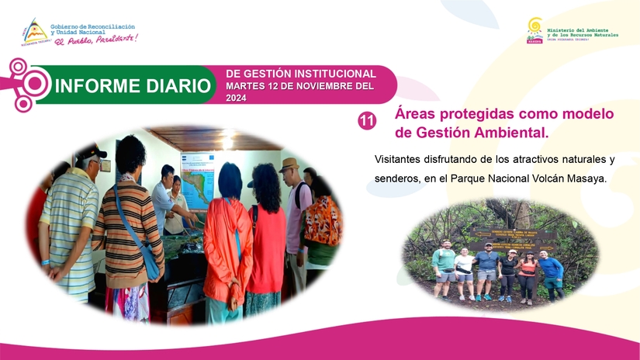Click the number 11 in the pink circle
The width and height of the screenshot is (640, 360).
click(x=367, y=120)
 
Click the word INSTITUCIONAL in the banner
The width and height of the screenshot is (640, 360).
click(x=334, y=73)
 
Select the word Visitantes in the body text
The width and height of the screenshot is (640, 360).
click(x=400, y=159)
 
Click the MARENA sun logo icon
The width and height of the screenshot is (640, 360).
click(x=534, y=28)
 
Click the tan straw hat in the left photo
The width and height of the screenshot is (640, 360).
click(x=290, y=164)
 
